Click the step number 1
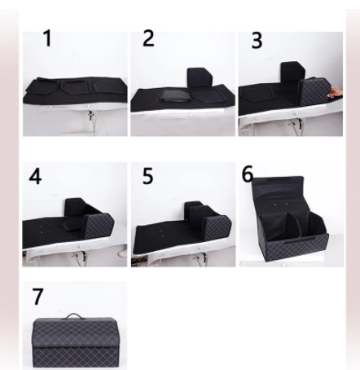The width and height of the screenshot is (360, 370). pos(47,38)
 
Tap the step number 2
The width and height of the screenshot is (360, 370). pos(148,38)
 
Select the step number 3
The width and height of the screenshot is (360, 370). pos(257,41)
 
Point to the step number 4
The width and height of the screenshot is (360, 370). pos(35,176)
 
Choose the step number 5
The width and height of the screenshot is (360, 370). pos(147,176)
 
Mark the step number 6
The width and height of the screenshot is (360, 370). pos(248,174)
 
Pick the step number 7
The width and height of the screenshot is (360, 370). pos(37,297)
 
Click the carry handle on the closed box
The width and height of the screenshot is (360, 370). pos(74,315)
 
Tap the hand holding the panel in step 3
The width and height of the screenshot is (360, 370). pos(335,93)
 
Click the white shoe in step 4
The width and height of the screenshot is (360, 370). pos(122,253)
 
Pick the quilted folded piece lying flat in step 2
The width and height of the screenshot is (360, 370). pos(174,95)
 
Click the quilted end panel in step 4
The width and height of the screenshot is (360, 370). pos(99,226)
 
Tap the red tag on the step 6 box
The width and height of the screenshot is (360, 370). pos(301,240)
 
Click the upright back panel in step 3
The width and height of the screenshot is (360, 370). pos(292,71)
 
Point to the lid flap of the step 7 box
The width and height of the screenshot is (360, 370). pos(75,333)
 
